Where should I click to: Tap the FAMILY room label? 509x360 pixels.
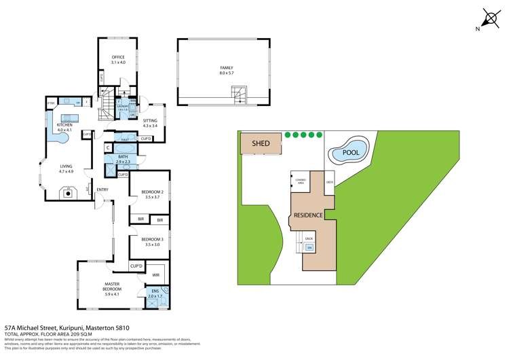coord(226,69)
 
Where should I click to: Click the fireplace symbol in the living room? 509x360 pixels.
coord(67,193)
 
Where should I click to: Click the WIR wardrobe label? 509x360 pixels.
coord(155,275)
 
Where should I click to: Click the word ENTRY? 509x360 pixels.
coord(102,190)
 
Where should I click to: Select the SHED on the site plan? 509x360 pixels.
coord(261,143)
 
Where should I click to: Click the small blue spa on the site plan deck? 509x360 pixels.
coord(309,247)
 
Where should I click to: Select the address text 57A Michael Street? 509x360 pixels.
coord(41,328)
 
